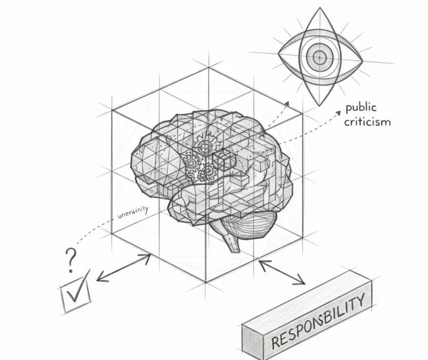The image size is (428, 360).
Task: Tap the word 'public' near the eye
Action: [x=361, y=108]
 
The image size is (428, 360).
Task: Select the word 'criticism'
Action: [x=368, y=122]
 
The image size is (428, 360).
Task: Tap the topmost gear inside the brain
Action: [x=205, y=147]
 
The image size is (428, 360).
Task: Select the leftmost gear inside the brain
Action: [x=192, y=163]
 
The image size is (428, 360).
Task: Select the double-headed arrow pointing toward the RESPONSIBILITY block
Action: [x=282, y=273]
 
